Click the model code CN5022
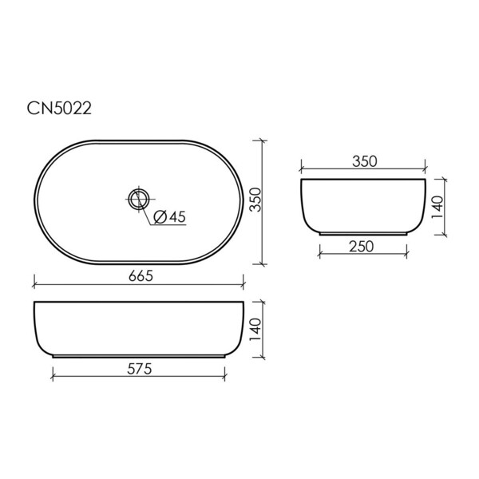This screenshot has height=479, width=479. [x=59, y=109]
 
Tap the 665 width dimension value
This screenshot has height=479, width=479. [x=141, y=276]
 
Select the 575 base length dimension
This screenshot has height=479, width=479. [x=139, y=369]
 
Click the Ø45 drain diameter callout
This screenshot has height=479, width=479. [x=169, y=217]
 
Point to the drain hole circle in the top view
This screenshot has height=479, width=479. [x=139, y=199]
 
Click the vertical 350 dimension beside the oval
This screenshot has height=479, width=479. [x=255, y=200]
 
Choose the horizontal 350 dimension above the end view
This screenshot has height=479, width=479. [x=365, y=161]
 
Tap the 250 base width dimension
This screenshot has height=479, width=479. [x=362, y=247]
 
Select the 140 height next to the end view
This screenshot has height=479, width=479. [x=437, y=207]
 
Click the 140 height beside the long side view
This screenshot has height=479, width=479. [x=255, y=329]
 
